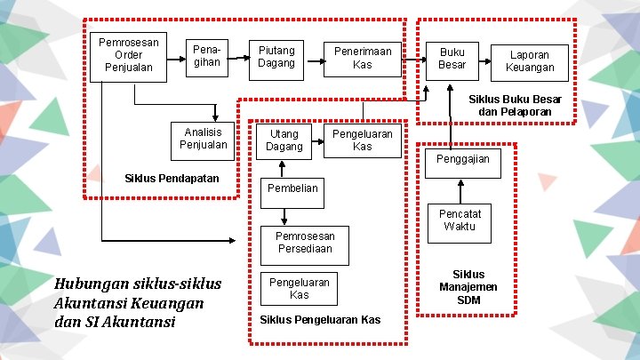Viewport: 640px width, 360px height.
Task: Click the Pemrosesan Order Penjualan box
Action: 129,55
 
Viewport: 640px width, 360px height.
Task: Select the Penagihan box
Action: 206,57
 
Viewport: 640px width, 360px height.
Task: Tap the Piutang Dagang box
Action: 276,57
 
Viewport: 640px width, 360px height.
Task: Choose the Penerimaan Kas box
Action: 362,57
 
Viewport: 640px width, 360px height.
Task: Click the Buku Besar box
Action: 452,57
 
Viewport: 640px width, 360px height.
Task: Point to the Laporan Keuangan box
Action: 530,60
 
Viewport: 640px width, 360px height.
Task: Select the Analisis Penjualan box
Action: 204,139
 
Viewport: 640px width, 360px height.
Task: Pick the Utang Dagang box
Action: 284,140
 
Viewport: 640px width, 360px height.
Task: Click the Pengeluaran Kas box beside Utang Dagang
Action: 362,140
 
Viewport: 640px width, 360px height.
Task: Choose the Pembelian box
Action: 292,188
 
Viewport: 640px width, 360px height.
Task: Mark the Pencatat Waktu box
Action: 460,220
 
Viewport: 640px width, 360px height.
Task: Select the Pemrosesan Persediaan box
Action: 305,243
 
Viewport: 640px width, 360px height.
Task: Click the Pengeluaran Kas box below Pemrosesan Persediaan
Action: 300,288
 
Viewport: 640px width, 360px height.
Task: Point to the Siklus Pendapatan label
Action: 172,179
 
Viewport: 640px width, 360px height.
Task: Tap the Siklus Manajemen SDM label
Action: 468,287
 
